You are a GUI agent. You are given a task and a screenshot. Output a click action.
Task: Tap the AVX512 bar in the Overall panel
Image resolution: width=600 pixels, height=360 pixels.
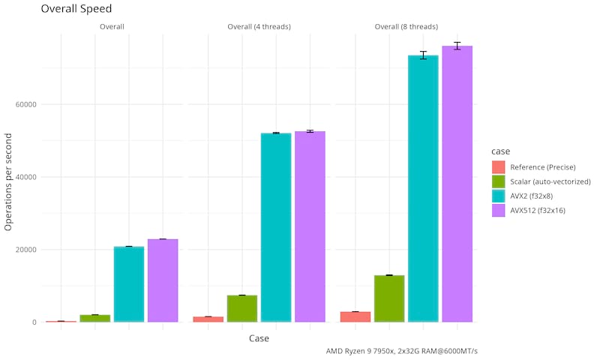(163, 280)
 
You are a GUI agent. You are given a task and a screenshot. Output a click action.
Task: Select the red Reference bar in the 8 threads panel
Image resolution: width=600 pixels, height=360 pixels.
(355, 316)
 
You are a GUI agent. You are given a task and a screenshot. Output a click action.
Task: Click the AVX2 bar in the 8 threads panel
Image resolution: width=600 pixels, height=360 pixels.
(423, 188)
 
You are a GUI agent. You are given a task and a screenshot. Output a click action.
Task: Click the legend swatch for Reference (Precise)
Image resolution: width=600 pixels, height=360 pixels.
(499, 166)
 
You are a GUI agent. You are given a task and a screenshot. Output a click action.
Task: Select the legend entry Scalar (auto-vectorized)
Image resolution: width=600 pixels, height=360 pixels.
(550, 181)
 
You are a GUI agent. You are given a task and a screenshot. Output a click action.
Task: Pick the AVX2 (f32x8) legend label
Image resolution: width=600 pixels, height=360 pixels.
(537, 196)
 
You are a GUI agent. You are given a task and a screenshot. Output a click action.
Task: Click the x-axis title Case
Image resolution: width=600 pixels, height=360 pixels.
(259, 339)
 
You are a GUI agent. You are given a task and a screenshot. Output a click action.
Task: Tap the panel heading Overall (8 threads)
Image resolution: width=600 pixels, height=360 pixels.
(406, 27)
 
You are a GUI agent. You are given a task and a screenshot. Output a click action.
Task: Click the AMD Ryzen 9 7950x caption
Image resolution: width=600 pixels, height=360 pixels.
(402, 351)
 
